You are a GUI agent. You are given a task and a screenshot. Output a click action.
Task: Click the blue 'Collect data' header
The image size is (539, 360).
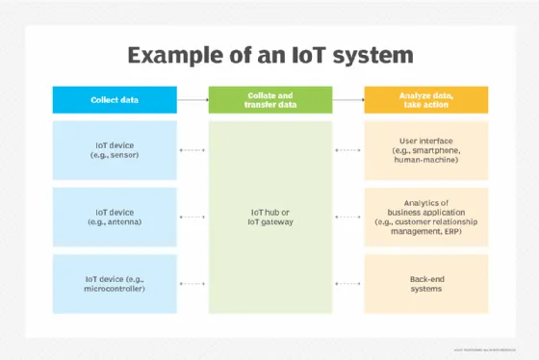pos(114,99)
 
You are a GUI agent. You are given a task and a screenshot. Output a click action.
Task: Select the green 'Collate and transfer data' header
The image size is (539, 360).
pos(269,99)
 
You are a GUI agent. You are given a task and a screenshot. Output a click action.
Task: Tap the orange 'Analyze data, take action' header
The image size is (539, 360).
pos(425,99)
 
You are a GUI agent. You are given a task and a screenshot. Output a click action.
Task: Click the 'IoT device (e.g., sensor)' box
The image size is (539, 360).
pos(114,150)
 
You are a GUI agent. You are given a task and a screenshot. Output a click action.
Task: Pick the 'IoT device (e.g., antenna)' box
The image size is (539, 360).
pos(114,217)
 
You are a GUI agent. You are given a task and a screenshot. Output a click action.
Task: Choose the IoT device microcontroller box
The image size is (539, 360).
pos(114,284)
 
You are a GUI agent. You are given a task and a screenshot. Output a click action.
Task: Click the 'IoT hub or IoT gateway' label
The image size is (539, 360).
pos(269,217)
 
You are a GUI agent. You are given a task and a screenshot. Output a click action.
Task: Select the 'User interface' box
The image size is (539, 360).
pos(425,150)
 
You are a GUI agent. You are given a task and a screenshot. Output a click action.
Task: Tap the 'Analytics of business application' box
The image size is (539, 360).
pos(425,217)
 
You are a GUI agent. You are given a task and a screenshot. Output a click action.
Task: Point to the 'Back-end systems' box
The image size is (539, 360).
pos(425,284)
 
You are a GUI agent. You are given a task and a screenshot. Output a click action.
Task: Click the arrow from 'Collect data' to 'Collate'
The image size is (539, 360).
pos(192,99)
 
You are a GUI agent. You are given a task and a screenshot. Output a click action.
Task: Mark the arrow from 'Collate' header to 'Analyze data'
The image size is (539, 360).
pos(347,99)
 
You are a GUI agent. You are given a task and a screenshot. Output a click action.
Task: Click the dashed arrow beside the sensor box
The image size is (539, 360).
pos(192,150)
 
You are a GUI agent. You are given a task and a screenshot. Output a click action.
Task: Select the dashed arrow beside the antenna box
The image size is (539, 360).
pos(192,217)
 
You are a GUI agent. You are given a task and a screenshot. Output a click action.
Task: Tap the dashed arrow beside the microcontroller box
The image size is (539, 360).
pos(192,284)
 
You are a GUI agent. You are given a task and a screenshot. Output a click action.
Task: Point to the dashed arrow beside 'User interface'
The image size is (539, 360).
pos(347,150)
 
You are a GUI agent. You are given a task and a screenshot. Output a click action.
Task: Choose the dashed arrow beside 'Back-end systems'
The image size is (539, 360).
pos(347,284)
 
